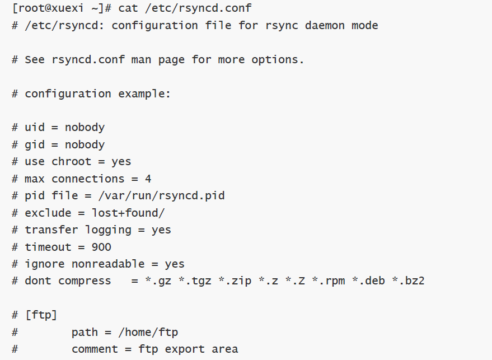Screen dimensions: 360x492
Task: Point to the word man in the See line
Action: [141, 60]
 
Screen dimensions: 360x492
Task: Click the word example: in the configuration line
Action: [144, 93]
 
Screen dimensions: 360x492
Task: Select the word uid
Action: [35, 128]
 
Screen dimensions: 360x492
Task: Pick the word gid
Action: [35, 144]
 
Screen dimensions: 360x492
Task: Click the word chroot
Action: [72, 162]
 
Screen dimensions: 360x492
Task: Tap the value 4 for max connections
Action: [148, 179]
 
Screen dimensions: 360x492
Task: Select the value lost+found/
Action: [128, 213]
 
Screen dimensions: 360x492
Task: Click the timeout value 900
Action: [101, 247]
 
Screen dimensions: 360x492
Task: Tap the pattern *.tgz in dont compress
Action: [195, 280]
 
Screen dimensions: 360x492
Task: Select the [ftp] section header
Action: [41, 315]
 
